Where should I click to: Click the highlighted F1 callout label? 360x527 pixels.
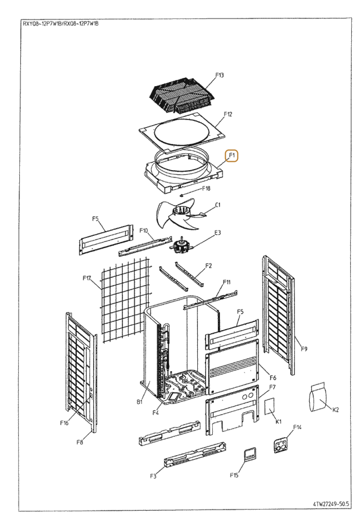[x=232, y=155]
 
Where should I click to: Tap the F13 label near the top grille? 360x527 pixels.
[x=220, y=75]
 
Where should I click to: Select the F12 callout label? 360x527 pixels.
[x=228, y=114]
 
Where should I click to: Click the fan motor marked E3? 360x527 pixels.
[x=181, y=246]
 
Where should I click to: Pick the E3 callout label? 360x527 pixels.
[x=218, y=233]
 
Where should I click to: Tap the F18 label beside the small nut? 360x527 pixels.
[x=206, y=189]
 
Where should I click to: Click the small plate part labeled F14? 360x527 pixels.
[x=281, y=444]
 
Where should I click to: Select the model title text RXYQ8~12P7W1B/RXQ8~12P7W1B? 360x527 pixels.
[x=60, y=23]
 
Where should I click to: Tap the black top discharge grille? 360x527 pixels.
[x=182, y=95]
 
